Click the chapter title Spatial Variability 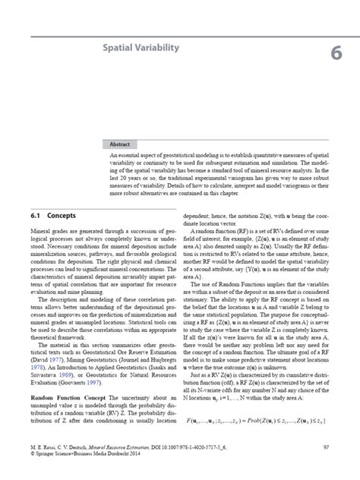141,48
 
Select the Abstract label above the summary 123,142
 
